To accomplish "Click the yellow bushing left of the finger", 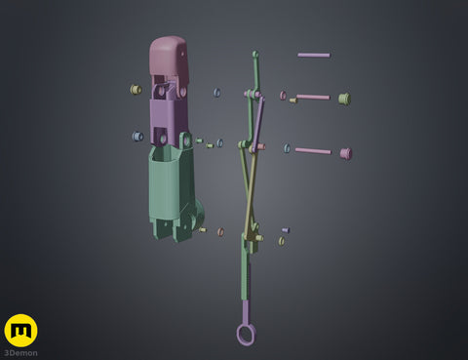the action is click(136, 89).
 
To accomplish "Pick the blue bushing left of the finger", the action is click(137, 136).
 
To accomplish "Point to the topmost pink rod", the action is click(314, 55).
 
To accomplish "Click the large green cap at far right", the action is click(344, 99).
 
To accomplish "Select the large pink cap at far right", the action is click(346, 153).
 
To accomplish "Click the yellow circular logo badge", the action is click(21, 331).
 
